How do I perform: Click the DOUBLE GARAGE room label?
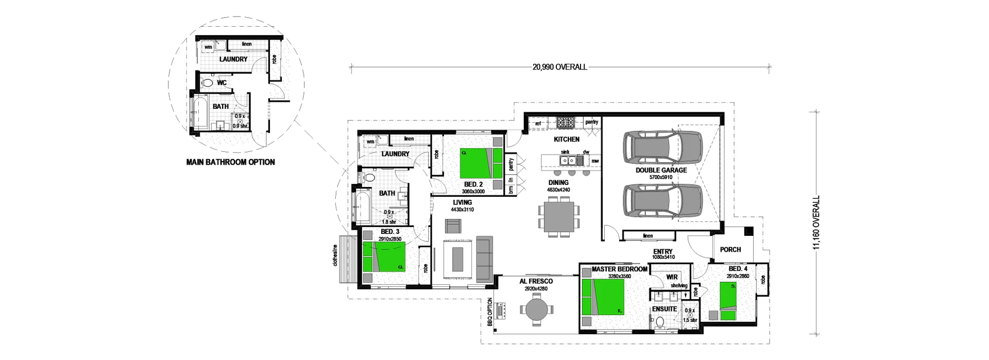point(661,170)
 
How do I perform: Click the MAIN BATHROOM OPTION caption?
point(230,162)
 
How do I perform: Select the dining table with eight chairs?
point(559,217)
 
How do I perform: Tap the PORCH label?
point(730,249)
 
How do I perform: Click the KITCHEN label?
point(567,139)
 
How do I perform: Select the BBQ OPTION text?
point(490,313)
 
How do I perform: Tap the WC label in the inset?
point(222,82)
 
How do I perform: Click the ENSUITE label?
point(664,309)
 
